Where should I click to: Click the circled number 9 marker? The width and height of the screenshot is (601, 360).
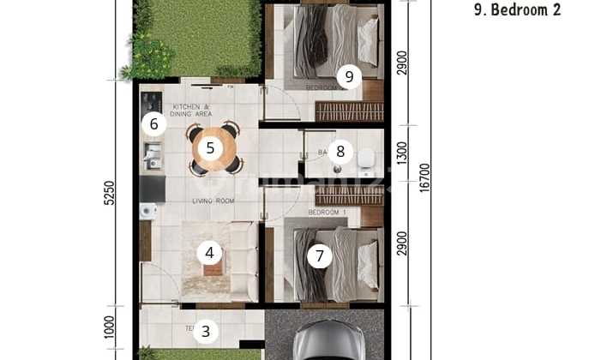click(x=348, y=76)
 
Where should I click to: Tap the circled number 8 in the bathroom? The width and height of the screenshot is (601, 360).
click(x=340, y=153)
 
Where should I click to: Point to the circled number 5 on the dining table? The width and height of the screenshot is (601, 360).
click(x=209, y=148)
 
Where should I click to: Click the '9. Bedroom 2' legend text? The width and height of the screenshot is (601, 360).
click(x=517, y=10)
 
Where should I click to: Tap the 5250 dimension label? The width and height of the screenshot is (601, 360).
click(x=109, y=194)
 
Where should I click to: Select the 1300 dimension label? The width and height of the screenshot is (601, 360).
click(x=402, y=152)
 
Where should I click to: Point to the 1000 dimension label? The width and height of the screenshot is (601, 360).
click(x=109, y=327)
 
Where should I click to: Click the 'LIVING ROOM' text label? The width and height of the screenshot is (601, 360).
click(x=213, y=201)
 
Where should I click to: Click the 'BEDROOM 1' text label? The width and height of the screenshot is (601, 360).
click(x=327, y=212)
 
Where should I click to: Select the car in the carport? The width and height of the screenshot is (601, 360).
click(x=323, y=341)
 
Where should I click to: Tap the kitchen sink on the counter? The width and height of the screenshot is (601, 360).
click(x=153, y=155)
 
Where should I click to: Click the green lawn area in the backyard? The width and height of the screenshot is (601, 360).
click(x=197, y=39)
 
